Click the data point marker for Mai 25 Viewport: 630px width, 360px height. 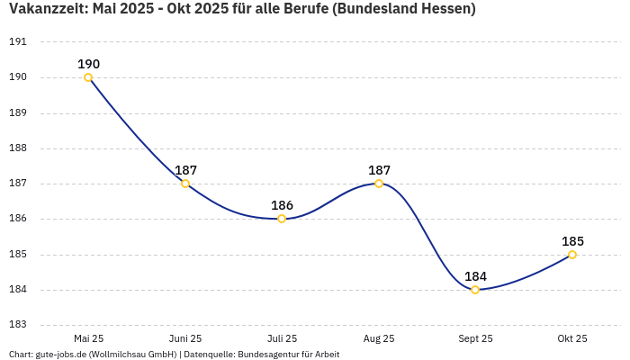[88, 77]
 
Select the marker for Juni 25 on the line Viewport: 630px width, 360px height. [185, 184]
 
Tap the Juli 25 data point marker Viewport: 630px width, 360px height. [282, 219]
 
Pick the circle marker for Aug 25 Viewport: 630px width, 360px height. [379, 184]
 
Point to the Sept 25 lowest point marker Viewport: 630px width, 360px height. [475, 290]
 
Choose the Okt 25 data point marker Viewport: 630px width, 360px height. [572, 255]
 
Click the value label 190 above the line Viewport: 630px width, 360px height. [88, 64]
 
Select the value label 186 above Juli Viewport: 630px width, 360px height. [282, 205]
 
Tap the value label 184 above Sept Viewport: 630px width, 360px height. [475, 276]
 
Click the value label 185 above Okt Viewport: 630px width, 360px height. [572, 241]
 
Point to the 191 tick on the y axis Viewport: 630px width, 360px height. [18, 42]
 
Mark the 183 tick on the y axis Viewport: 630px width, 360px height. [18, 325]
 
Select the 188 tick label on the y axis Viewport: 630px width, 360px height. [18, 148]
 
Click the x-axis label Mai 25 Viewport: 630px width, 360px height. [88, 339]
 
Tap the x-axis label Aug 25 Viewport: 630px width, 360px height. [379, 339]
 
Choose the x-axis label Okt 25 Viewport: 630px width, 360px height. [572, 339]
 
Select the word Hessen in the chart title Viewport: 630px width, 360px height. [444, 9]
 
